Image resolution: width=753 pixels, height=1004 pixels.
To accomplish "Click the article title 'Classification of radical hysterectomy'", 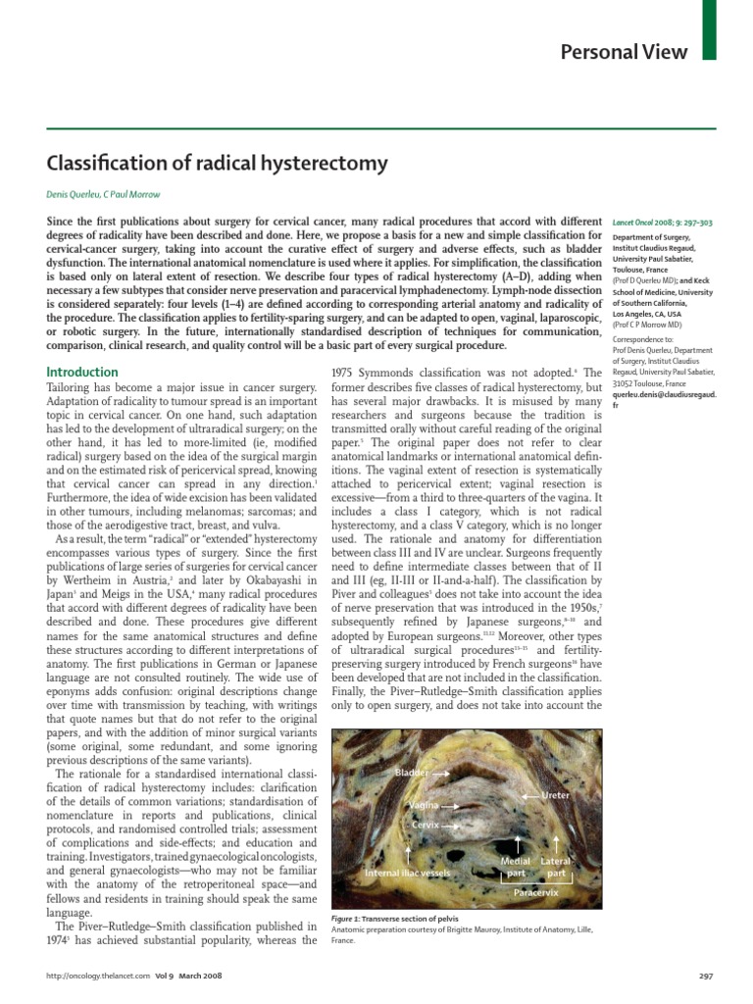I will coord(218,163).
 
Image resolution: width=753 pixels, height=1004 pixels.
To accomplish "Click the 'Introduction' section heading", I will coord(83,373).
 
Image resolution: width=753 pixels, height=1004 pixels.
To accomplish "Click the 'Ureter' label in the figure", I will coord(556,794).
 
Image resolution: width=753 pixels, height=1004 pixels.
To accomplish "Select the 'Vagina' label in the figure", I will coord(423,805).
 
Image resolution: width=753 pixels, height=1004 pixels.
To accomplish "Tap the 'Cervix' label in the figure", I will coord(425,825).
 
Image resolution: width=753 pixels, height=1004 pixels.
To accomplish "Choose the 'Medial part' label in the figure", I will coord(516,867).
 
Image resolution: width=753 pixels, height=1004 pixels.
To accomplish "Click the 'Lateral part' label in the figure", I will coord(556,867).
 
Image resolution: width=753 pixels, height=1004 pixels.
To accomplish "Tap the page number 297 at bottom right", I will coord(704,977).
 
